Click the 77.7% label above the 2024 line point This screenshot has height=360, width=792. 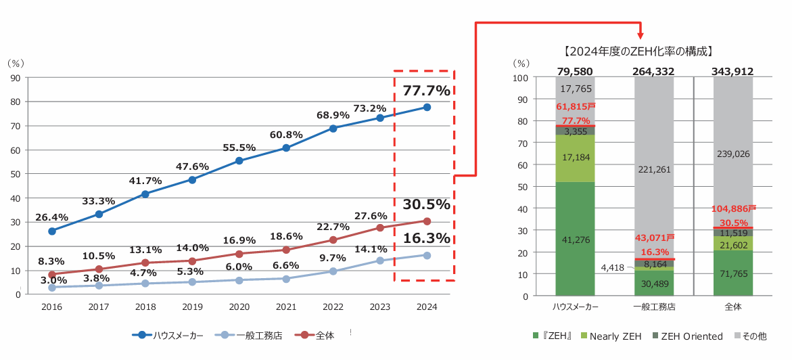tap(426, 91)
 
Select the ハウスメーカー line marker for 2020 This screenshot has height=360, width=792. tap(239, 161)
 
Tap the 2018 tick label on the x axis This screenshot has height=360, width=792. tap(145, 307)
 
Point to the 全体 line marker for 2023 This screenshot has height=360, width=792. tap(380, 228)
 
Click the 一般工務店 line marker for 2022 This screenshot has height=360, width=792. tap(333, 271)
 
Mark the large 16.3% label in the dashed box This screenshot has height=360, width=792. tap(426, 238)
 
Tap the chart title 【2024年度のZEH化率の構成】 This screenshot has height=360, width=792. tap(638, 51)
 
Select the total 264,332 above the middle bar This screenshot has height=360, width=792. tap(653, 71)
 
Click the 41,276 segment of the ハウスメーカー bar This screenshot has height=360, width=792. tap(576, 239)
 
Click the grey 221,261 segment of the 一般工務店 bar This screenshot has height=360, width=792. tap(653, 169)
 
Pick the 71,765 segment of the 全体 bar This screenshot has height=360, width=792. tap(733, 273)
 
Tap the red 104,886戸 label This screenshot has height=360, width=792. tap(733, 209)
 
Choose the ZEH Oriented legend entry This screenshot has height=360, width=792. tap(686, 336)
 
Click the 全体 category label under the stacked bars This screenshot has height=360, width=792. tap(733, 307)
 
